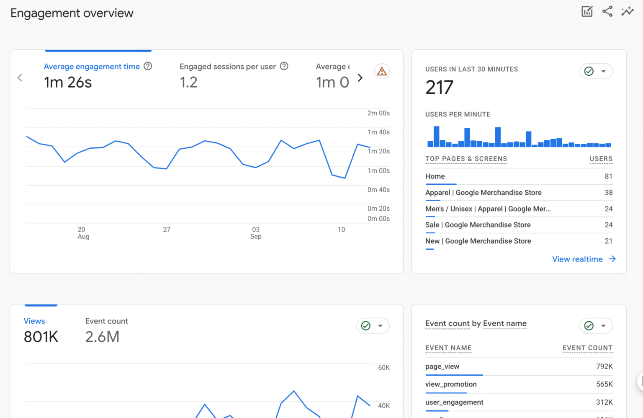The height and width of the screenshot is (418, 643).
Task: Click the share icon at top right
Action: [607, 11]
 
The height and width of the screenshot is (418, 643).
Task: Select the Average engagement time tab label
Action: [92, 67]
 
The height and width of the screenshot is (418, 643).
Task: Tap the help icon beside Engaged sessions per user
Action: [284, 66]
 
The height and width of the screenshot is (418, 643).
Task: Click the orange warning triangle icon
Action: [382, 72]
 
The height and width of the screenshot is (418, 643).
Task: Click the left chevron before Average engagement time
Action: [20, 78]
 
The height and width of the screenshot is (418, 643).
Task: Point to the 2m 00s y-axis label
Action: [378, 113]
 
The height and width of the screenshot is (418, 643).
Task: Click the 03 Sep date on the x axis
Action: [256, 233]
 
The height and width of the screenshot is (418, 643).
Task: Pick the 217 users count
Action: [439, 88]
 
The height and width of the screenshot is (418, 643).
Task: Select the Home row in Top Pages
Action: [435, 176]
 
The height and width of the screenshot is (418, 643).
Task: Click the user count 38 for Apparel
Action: [608, 193]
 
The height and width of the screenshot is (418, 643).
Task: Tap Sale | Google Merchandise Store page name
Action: [478, 225]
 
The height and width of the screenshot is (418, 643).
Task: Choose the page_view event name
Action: [442, 366]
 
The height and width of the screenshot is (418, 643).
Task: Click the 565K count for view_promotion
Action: [604, 384]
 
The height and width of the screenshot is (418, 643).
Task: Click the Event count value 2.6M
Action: [102, 337]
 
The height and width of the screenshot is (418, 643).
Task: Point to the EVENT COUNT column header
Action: [587, 348]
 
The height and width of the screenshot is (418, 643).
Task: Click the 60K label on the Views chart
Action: [383, 368]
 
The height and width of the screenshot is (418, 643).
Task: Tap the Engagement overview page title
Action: [72, 13]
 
